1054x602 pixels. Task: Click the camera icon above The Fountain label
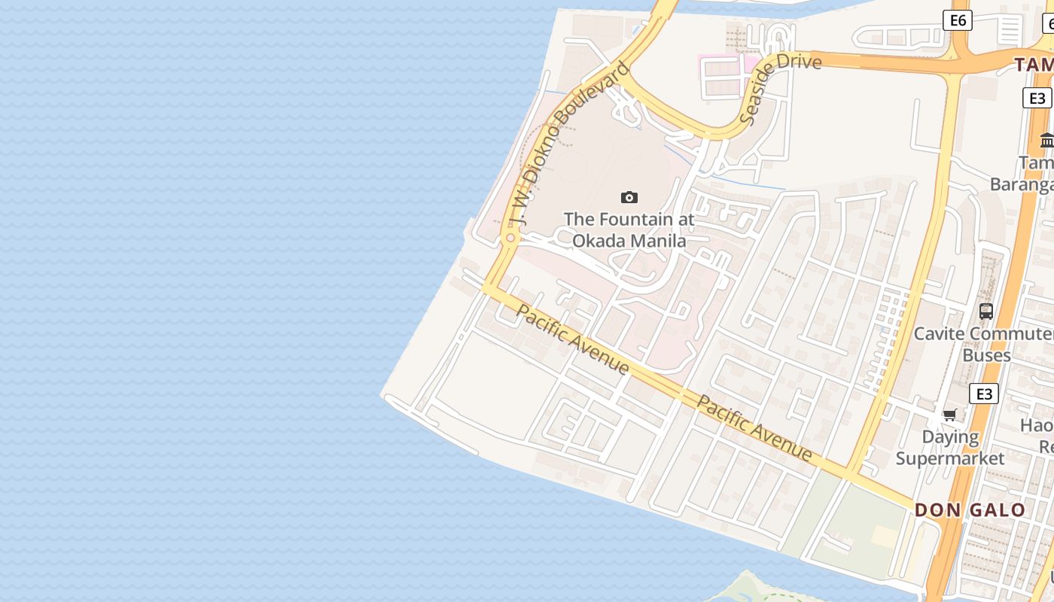[x=629, y=198]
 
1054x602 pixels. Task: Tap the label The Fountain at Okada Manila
[x=629, y=230]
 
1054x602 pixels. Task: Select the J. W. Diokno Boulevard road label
[x=569, y=143]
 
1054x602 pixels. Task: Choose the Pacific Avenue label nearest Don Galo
[x=754, y=427]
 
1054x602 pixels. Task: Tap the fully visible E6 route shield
[x=958, y=20]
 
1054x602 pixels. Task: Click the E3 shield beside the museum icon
[x=1037, y=98]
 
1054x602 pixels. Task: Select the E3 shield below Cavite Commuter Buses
[x=983, y=394]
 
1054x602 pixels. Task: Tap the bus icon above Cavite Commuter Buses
[x=985, y=311]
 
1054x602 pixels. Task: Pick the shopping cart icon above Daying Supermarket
[x=950, y=415]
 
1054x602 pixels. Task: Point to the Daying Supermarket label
[x=950, y=448]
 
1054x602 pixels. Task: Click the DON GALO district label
[x=970, y=510]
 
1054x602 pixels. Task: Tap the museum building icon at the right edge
[x=1046, y=140]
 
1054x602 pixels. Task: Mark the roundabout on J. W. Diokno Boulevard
[x=510, y=238]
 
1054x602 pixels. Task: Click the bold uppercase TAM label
[x=1034, y=65]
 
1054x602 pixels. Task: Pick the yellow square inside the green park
[x=885, y=536]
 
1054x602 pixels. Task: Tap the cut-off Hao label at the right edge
[x=1037, y=426]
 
